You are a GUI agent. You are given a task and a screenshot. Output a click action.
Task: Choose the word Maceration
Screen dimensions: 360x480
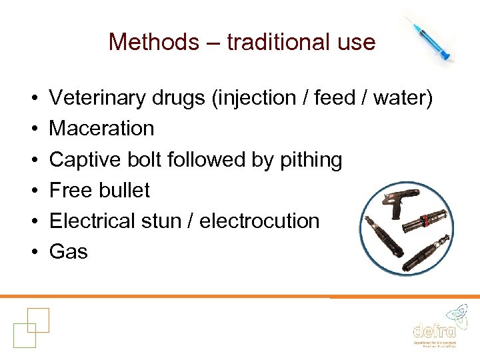[x=101, y=128]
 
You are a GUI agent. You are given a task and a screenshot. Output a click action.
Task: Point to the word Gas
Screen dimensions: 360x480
[x=68, y=251]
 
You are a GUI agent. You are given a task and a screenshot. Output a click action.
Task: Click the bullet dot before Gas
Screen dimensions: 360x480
[x=33, y=252]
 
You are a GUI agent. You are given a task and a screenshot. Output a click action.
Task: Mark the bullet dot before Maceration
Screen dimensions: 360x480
[x=33, y=129]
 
